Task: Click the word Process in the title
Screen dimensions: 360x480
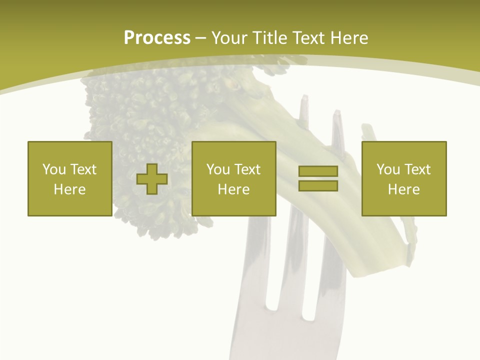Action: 157,38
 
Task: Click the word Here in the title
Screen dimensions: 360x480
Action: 349,38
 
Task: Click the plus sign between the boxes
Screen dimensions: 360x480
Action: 152,179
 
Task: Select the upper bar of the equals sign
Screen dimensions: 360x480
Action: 318,171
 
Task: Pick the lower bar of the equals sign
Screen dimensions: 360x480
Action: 318,185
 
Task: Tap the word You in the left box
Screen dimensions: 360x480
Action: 53,169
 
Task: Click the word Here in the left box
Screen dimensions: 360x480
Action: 69,189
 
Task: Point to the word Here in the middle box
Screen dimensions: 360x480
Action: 233,189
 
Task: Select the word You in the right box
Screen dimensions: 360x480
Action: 387,169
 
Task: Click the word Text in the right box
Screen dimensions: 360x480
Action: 417,169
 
